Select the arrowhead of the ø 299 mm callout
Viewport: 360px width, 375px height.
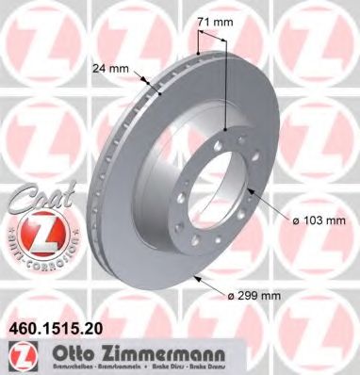194,276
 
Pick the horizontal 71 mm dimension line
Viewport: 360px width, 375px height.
212,37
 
